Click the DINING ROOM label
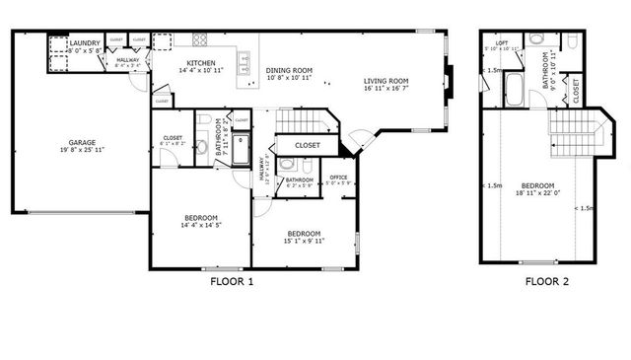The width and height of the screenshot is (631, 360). click(x=289, y=70)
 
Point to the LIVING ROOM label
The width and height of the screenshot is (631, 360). click(x=386, y=82)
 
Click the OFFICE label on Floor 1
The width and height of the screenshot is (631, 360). click(x=338, y=177)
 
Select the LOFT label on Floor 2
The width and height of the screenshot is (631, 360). click(x=502, y=43)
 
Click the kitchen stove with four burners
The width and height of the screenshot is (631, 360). click(x=200, y=40)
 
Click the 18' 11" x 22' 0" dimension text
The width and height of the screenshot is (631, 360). click(x=537, y=194)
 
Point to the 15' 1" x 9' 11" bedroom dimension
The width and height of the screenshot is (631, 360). click(x=303, y=241)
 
